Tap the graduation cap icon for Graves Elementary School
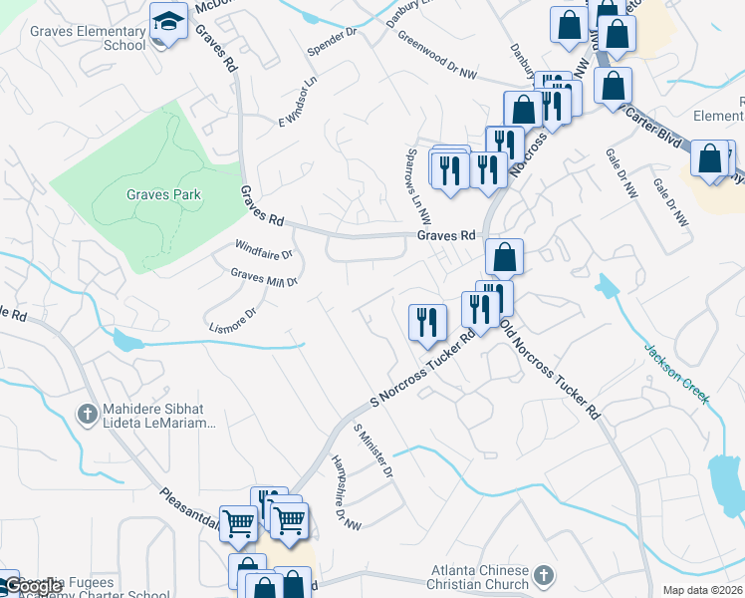coord(168,22)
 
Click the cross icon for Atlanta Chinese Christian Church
coord(544,574)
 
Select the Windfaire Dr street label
coord(263,247)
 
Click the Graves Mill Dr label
coord(264,276)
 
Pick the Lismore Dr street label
coord(233,319)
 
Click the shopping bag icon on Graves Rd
coord(505,256)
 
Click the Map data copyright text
coord(702,590)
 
